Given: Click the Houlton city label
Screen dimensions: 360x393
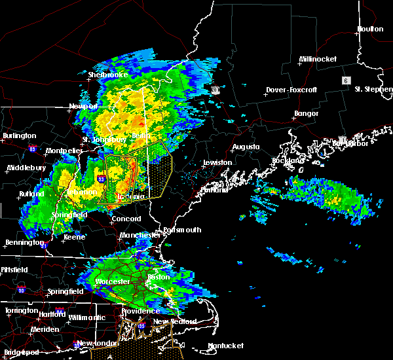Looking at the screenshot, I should (x=370, y=29).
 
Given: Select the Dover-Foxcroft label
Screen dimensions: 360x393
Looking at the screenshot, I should (x=291, y=90).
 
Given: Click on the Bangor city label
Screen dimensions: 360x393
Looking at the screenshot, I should (x=306, y=114).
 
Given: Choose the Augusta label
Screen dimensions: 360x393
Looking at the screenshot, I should (x=246, y=147).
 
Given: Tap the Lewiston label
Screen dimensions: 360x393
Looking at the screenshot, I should (x=217, y=162).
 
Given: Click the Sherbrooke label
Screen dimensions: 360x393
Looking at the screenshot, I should (x=108, y=75).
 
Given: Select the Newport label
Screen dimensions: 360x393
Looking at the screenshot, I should (x=83, y=106).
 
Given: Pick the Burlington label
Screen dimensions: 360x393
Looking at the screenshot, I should (x=20, y=135).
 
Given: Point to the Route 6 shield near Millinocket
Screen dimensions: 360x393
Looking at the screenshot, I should (x=345, y=80).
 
